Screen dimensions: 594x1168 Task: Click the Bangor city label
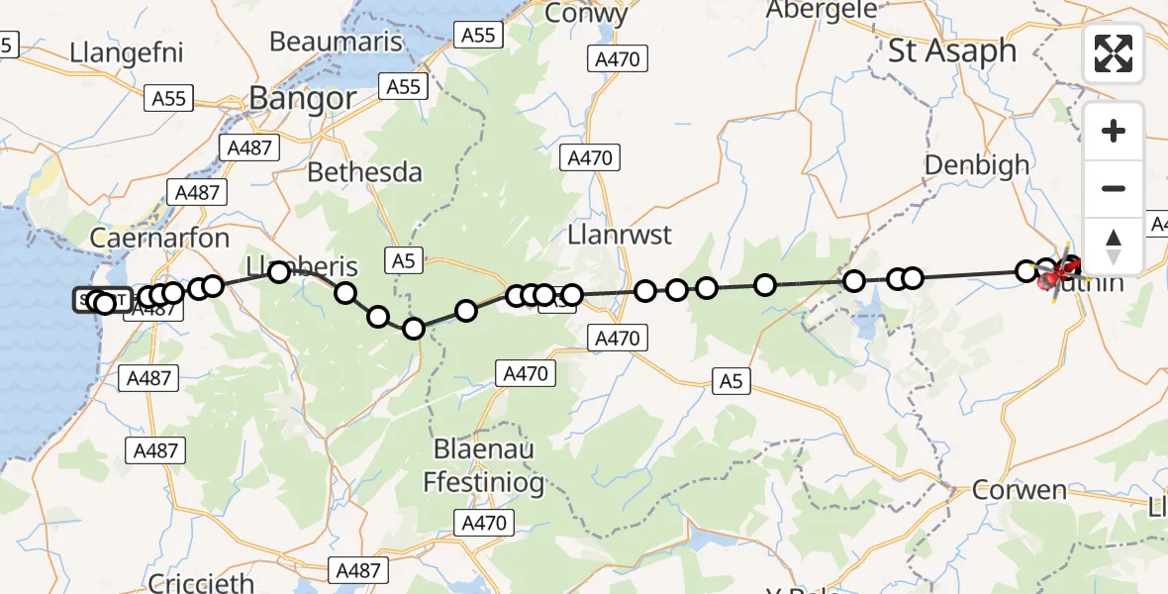(302, 98)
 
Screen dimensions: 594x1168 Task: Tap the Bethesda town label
(364, 171)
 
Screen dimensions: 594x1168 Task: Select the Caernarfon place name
(159, 238)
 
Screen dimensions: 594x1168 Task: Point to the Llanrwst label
(620, 235)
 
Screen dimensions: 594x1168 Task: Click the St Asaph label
(951, 50)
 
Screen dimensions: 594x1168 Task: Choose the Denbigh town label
(976, 165)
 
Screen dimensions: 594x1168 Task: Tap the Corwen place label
(1019, 489)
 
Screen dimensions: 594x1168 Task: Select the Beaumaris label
(337, 42)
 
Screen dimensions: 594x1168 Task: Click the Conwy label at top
(586, 14)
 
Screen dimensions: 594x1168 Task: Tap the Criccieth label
(201, 583)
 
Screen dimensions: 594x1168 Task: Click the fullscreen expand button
(1114, 52)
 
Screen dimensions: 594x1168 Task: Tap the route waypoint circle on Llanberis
(279, 271)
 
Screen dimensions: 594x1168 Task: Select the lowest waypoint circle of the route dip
(414, 328)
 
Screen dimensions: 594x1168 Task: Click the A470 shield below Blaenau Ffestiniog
(484, 523)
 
